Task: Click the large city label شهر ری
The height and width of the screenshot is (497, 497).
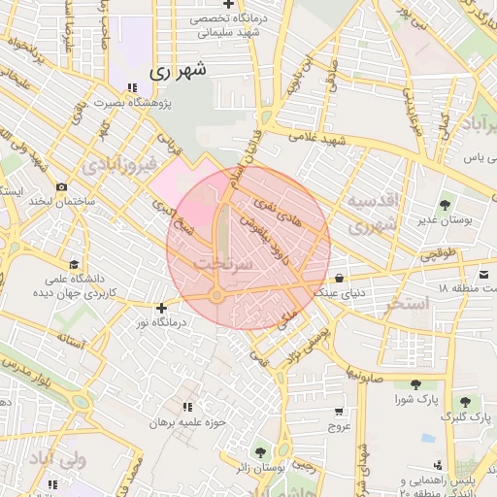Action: point(181,72)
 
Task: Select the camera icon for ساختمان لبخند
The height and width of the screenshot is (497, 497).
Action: point(62,185)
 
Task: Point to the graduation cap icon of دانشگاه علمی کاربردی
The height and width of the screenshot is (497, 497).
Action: point(74,263)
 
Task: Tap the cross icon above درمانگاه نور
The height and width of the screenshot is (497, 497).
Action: point(161,308)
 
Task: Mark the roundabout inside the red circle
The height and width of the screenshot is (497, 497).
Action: point(217,295)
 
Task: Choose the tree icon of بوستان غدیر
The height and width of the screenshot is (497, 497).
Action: point(444,205)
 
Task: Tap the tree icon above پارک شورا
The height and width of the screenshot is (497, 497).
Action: point(415,384)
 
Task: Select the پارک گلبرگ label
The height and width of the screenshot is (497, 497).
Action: point(463,416)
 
